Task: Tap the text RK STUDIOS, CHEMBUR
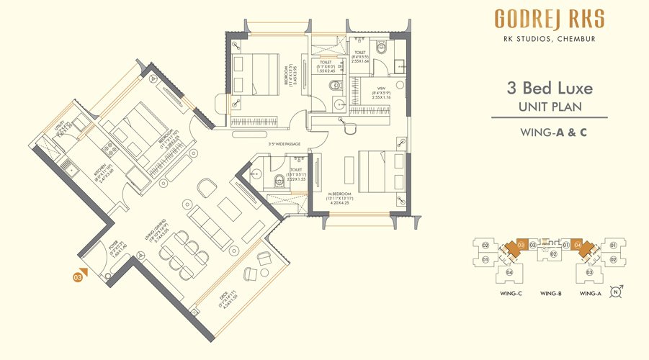(549, 39)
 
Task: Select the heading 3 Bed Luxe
(549, 89)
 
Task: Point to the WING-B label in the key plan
(550, 293)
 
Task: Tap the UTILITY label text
(63, 127)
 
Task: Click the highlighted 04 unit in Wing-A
(578, 246)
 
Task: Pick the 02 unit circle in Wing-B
(552, 254)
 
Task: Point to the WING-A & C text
(549, 132)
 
